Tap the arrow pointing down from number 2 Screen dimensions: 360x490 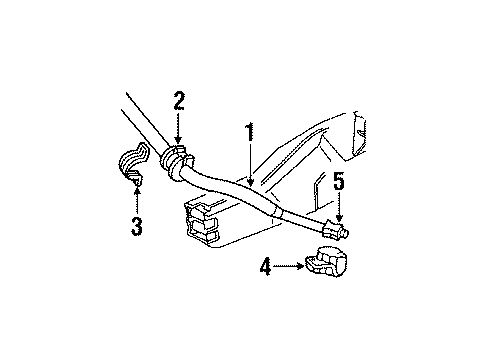pyautogui.click(x=179, y=130)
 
